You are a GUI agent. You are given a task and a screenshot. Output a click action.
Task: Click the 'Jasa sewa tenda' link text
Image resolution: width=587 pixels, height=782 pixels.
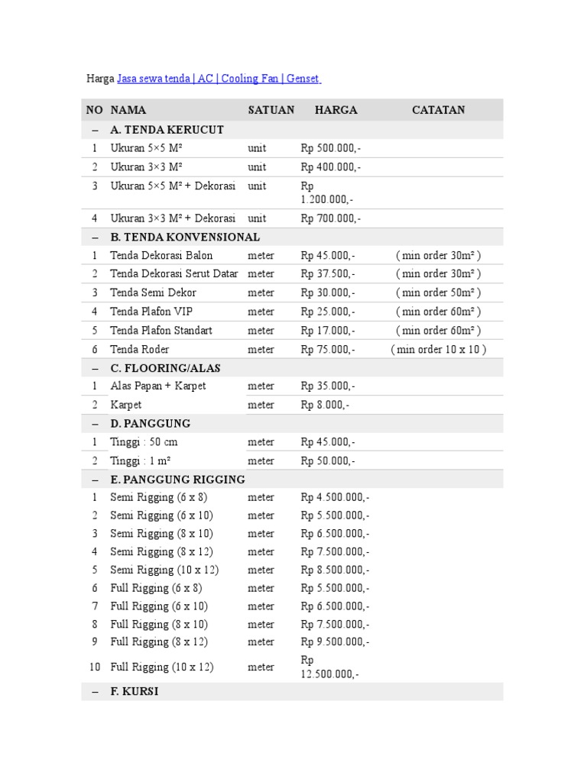154,79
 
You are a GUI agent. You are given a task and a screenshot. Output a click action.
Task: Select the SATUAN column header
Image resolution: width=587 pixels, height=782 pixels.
271,110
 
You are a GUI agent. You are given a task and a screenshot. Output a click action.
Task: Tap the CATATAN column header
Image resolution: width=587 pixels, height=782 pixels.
438,110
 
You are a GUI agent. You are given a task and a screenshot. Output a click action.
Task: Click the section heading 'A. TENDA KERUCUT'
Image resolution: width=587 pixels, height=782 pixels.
167,130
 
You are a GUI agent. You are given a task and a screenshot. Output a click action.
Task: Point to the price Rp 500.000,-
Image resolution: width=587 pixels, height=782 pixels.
331,148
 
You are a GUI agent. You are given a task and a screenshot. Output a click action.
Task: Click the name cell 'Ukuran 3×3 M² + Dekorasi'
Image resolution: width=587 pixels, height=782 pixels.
173,218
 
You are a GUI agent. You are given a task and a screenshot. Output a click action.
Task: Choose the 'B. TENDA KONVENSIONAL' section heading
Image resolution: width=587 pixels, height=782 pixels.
185,237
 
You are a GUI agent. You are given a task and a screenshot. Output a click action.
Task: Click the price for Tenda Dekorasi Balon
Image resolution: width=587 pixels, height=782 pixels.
328,255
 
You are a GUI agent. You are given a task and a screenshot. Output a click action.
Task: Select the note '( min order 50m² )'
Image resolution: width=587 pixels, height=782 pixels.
438,292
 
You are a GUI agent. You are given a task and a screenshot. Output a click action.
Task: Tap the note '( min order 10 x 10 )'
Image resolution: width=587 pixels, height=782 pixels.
438,350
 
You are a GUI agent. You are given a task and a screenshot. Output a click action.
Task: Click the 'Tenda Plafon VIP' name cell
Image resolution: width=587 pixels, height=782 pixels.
151,312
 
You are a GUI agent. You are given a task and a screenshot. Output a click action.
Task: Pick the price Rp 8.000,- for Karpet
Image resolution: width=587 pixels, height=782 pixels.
325,405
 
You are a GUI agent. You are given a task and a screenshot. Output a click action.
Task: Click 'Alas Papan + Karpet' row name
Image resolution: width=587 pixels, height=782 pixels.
158,386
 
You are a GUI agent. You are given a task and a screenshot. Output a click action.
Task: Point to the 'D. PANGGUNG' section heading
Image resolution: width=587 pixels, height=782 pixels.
150,423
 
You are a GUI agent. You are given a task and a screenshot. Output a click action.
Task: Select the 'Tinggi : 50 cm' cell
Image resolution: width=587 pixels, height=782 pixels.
144,442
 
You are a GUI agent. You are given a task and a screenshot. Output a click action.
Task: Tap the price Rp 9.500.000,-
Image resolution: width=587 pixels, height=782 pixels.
336,641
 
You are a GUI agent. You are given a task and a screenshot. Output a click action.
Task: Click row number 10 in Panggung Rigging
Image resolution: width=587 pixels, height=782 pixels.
95,667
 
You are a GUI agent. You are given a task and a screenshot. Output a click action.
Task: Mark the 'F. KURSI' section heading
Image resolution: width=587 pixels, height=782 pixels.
135,692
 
